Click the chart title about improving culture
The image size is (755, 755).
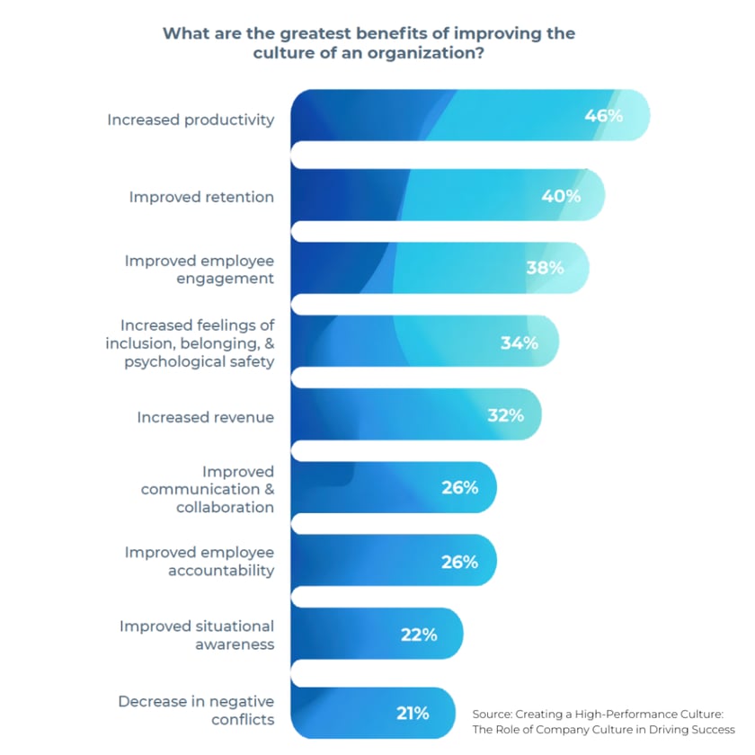pos(369,42)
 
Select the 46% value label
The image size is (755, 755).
pos(603,115)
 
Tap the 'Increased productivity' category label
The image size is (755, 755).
pos(191,120)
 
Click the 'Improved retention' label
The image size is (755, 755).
pos(201,196)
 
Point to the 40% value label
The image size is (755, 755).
pos(561,195)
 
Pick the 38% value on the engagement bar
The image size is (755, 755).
pos(545,268)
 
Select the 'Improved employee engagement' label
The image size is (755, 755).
pos(199,269)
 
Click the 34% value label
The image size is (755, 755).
pos(519,342)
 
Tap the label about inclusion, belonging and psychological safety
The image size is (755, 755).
pos(197,343)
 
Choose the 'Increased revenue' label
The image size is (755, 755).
pos(205,417)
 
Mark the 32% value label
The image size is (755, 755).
pos(504,416)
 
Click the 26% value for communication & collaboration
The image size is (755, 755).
pos(459,488)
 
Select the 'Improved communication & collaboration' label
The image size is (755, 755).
pos(207,489)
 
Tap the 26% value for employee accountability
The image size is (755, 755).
pos(459,562)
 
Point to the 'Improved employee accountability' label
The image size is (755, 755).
pos(199,561)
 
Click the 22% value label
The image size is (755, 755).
pos(419,635)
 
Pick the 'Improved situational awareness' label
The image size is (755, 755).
pos(197,635)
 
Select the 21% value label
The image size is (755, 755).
pos(413,714)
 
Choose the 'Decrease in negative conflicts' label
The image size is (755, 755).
pos(196,710)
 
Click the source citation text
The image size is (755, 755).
pos(603,721)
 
